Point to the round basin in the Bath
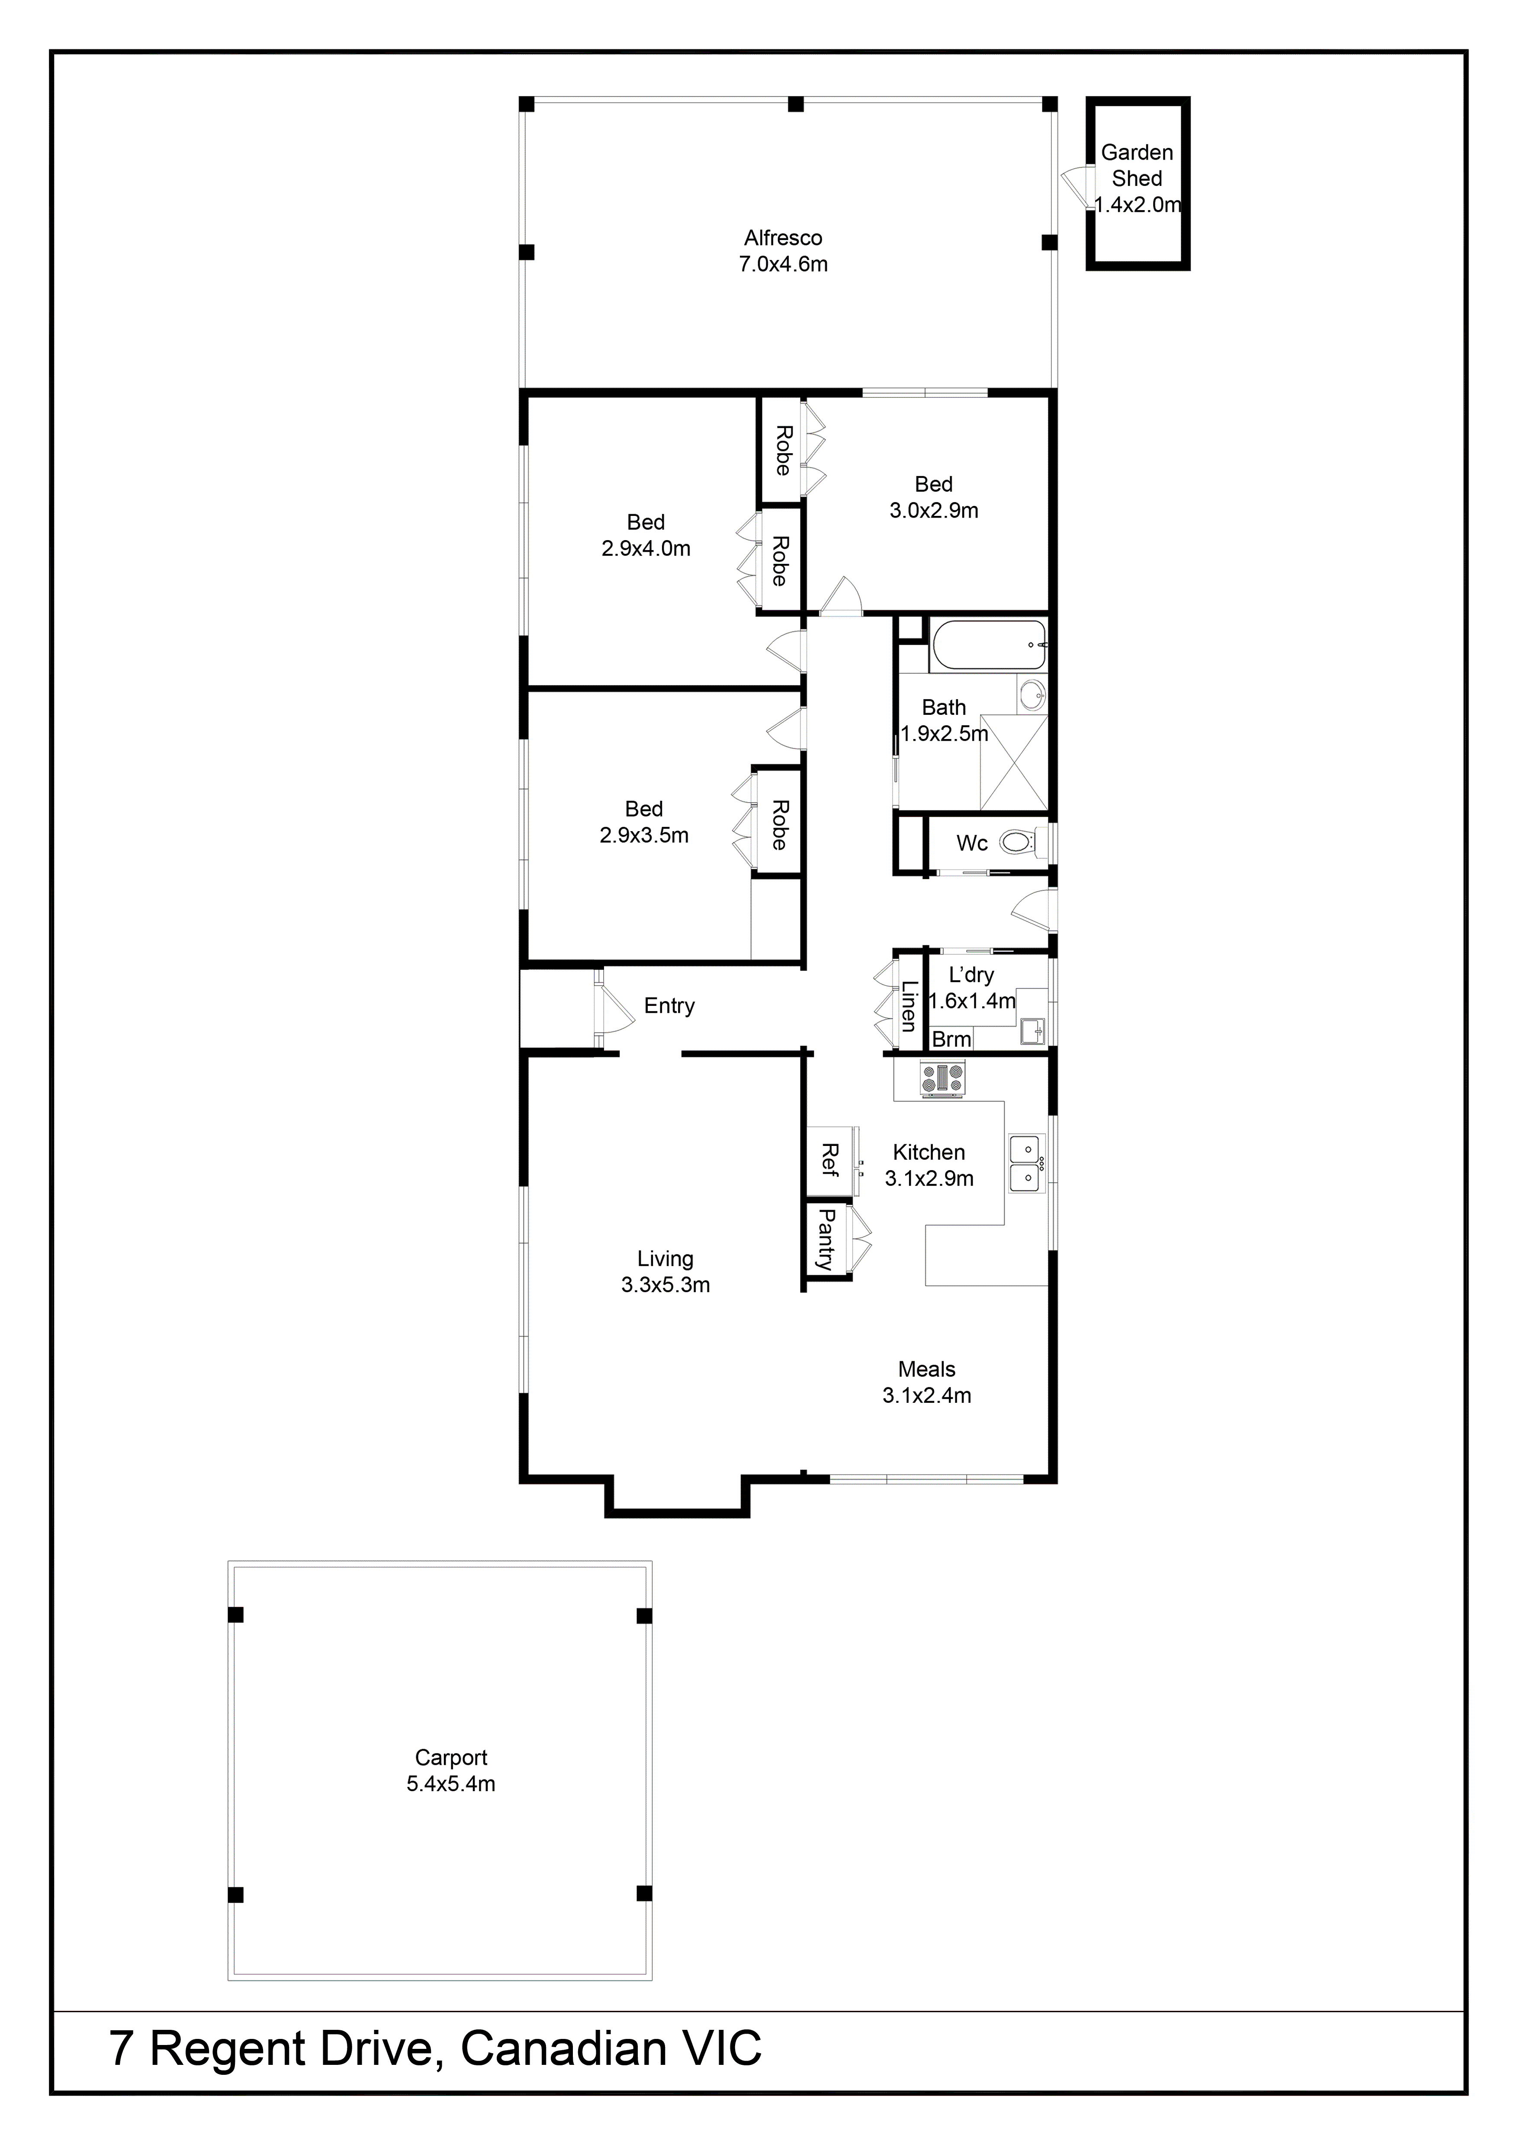[x=1032, y=694]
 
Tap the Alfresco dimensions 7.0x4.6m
[x=783, y=264]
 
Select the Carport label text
[x=451, y=1757]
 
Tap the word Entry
[x=669, y=1006]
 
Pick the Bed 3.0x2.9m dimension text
[x=933, y=510]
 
